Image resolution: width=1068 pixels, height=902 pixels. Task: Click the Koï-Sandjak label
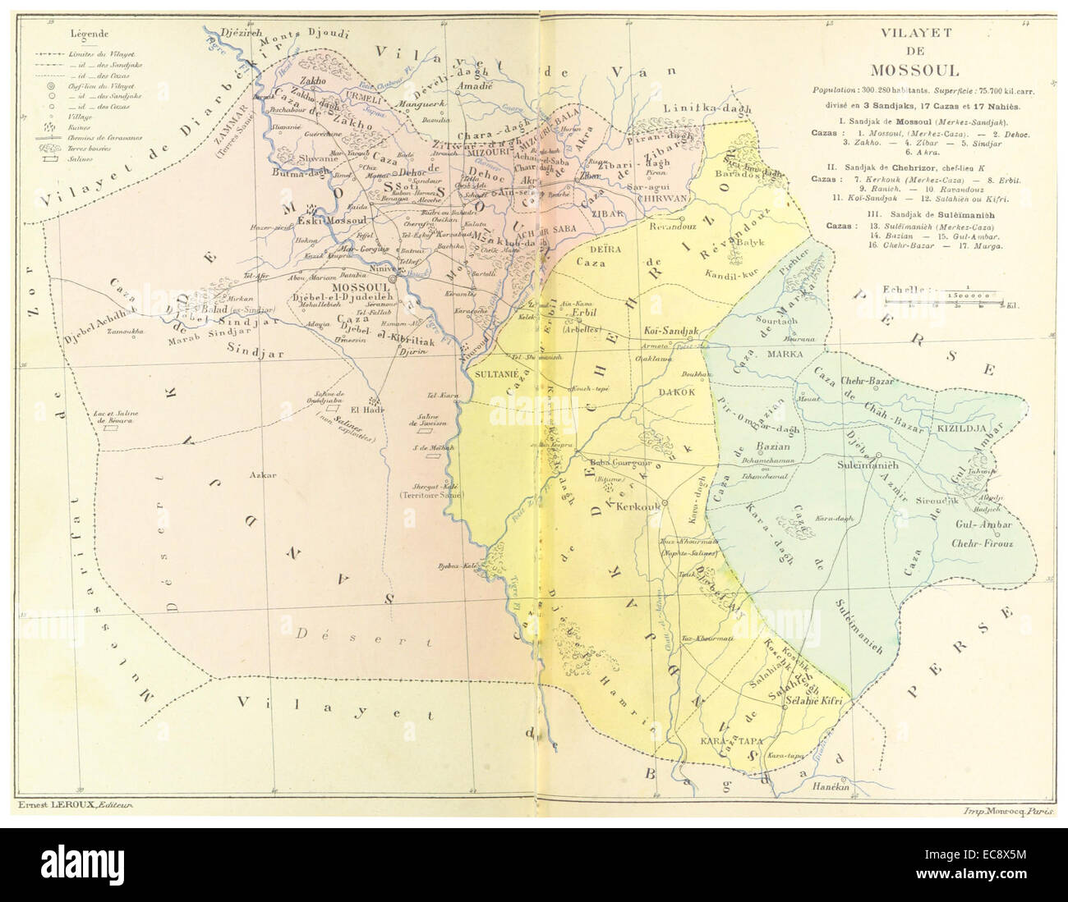668,330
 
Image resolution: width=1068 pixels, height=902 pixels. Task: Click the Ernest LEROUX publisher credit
74,806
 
